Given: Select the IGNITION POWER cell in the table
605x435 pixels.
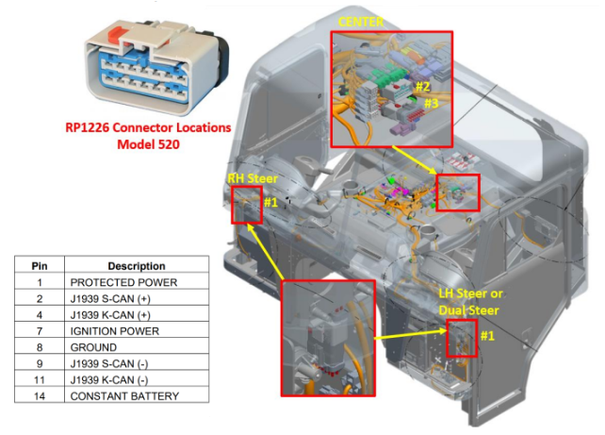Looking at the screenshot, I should [x=114, y=330].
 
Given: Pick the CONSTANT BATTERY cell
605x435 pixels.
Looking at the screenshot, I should [x=123, y=395].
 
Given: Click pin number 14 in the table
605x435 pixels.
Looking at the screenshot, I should [x=39, y=395].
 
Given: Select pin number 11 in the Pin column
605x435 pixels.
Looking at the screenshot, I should [x=39, y=379].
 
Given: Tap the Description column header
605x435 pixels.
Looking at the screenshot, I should [x=136, y=266].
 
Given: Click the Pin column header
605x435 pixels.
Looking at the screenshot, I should [x=39, y=266].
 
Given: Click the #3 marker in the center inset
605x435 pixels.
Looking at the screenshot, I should [x=430, y=103].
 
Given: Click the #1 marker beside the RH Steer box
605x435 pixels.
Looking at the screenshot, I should [x=270, y=201].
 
